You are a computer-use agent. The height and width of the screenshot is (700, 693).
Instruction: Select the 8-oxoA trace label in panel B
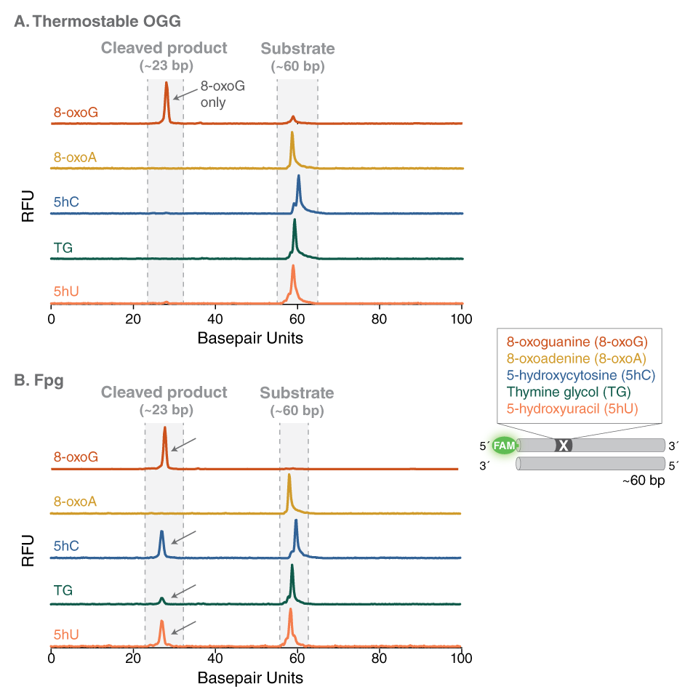76,502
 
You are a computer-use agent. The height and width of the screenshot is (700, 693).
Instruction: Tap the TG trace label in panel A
63,248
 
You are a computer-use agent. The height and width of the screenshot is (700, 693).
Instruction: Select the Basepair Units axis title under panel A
250,338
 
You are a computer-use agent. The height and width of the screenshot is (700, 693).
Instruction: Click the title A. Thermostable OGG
97,21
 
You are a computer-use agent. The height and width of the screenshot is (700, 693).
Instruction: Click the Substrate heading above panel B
297,393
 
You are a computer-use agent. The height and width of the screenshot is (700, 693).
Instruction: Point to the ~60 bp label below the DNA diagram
644,481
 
